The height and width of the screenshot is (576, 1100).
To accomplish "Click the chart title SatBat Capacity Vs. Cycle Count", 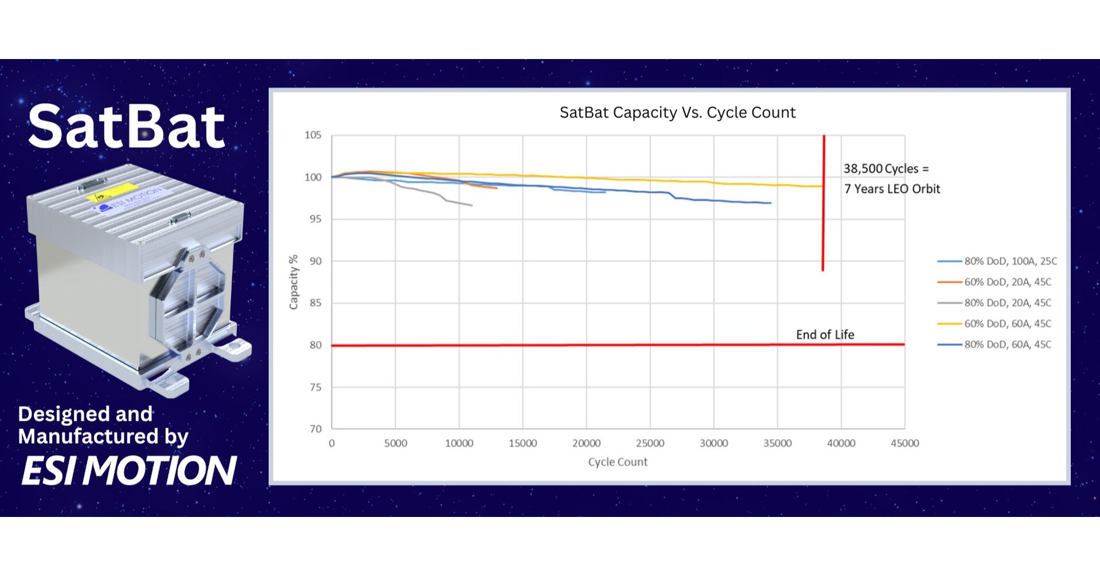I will (677, 112).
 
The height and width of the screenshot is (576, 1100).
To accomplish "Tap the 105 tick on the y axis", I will (313, 135).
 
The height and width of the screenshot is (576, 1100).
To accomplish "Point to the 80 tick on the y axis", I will (315, 345).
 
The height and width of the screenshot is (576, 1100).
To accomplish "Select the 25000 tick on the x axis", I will (650, 443).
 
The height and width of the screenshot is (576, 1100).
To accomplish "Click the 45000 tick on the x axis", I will (904, 443).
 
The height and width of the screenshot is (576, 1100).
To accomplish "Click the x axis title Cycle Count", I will (617, 462).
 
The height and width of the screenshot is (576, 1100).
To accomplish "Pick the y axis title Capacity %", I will (294, 282).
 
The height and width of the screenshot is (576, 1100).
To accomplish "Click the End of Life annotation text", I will (825, 335).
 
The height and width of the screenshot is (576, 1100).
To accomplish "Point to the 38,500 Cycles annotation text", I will (886, 169).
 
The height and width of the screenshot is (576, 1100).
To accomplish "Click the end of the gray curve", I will (471, 205).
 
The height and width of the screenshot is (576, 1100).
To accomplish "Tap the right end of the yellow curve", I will (822, 186).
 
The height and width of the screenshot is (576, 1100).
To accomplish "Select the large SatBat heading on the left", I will (126, 127).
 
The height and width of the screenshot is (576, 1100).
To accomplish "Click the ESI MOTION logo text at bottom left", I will (129, 471).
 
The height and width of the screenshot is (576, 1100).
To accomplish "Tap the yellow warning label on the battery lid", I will (114, 195).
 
